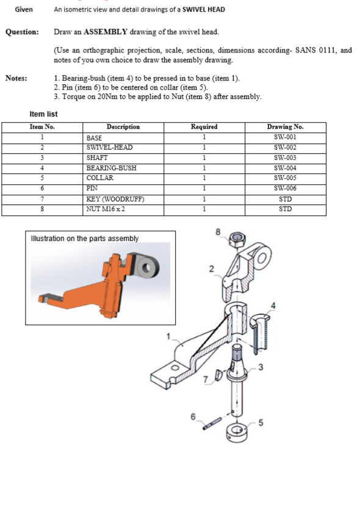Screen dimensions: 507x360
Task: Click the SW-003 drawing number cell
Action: pos(285,157)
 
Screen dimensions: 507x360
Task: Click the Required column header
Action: pos(204,127)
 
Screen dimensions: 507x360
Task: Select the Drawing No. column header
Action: pos(285,127)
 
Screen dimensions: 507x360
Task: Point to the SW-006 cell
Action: pos(285,189)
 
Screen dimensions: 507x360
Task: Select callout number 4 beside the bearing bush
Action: pos(273,305)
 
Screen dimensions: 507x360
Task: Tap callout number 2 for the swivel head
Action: pos(211,268)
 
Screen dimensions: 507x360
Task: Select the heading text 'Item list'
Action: pos(43,114)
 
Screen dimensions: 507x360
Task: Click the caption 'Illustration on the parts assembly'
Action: pos(84,238)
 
